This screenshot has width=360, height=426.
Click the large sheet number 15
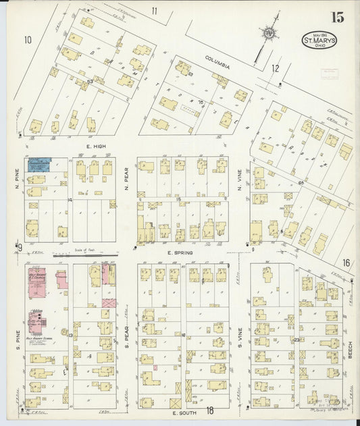[338, 17]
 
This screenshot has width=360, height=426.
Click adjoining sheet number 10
[27, 40]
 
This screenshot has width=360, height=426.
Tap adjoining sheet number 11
[154, 10]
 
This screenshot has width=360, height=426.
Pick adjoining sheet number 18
[209, 410]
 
